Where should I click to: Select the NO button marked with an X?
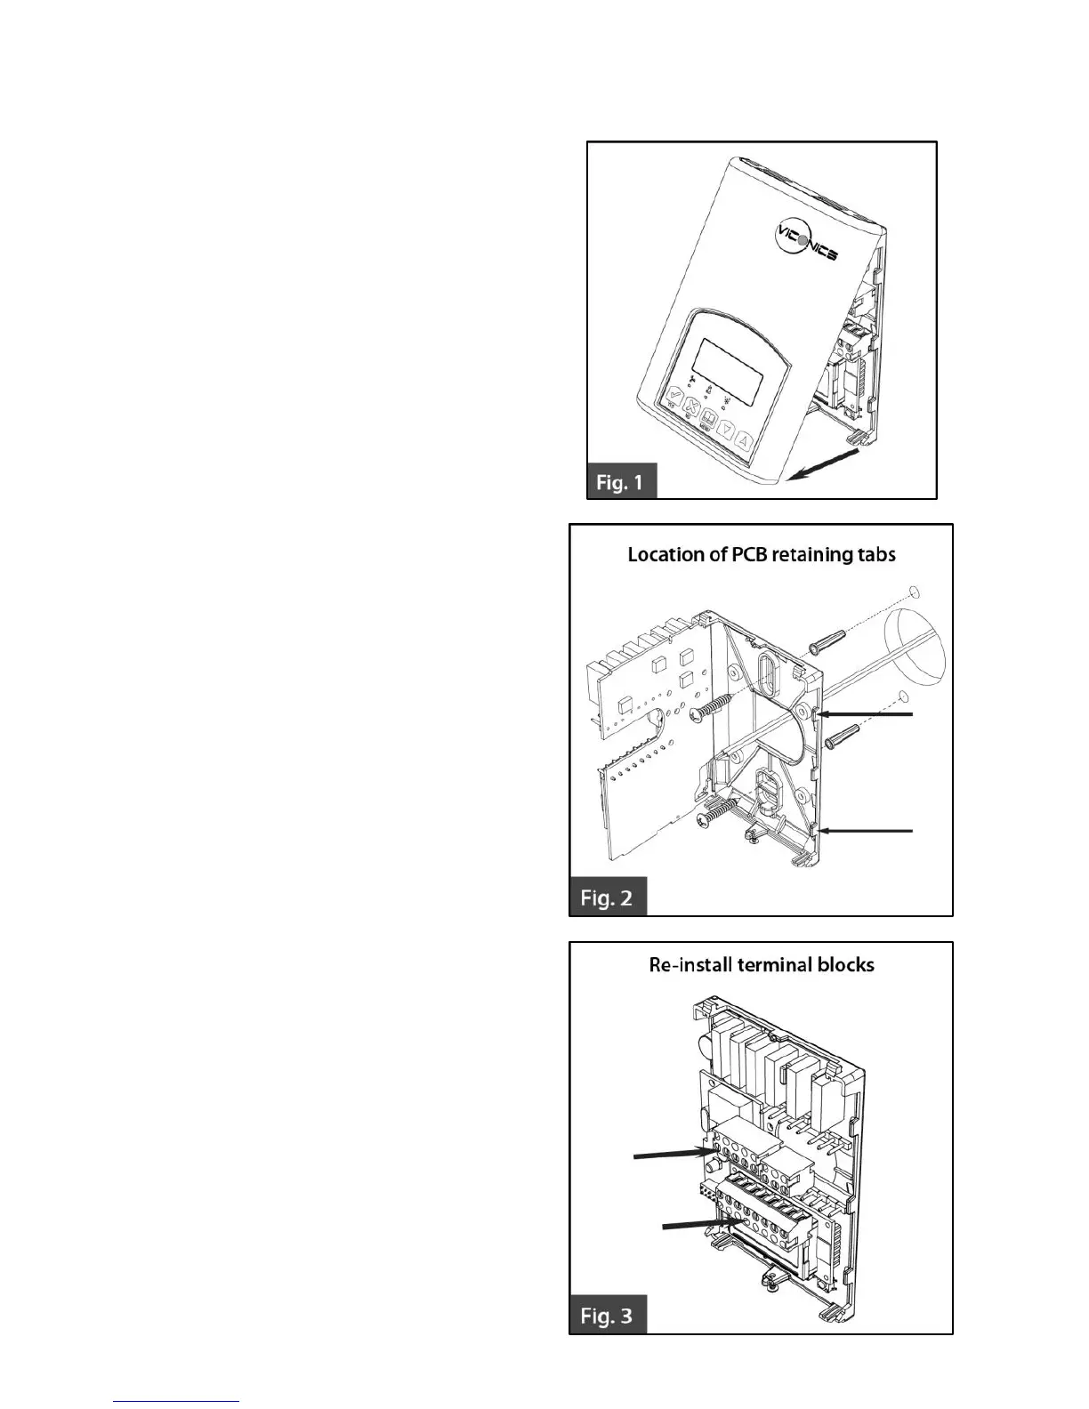point(692,410)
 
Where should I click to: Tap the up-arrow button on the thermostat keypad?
point(746,441)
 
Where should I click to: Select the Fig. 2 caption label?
point(607,897)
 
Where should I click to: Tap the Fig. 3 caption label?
point(607,1315)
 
